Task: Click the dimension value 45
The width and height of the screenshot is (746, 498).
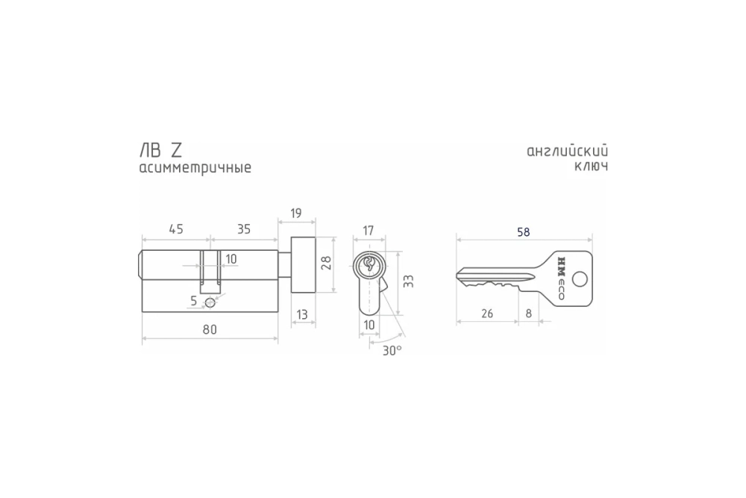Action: coord(175,229)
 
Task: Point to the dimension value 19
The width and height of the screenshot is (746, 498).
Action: coord(295,214)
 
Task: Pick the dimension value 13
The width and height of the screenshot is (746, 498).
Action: coord(301,315)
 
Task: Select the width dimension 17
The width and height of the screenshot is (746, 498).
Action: coord(368,231)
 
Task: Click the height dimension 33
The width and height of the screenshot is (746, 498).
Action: coord(407,281)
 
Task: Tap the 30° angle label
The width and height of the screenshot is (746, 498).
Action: coord(392,349)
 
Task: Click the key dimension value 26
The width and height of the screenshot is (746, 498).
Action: coord(486,314)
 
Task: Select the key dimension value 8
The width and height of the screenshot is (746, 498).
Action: coord(529,314)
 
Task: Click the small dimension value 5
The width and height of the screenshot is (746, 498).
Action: coord(194,301)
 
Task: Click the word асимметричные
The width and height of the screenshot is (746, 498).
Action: coord(195,168)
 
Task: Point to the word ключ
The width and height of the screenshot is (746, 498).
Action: coord(591,166)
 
